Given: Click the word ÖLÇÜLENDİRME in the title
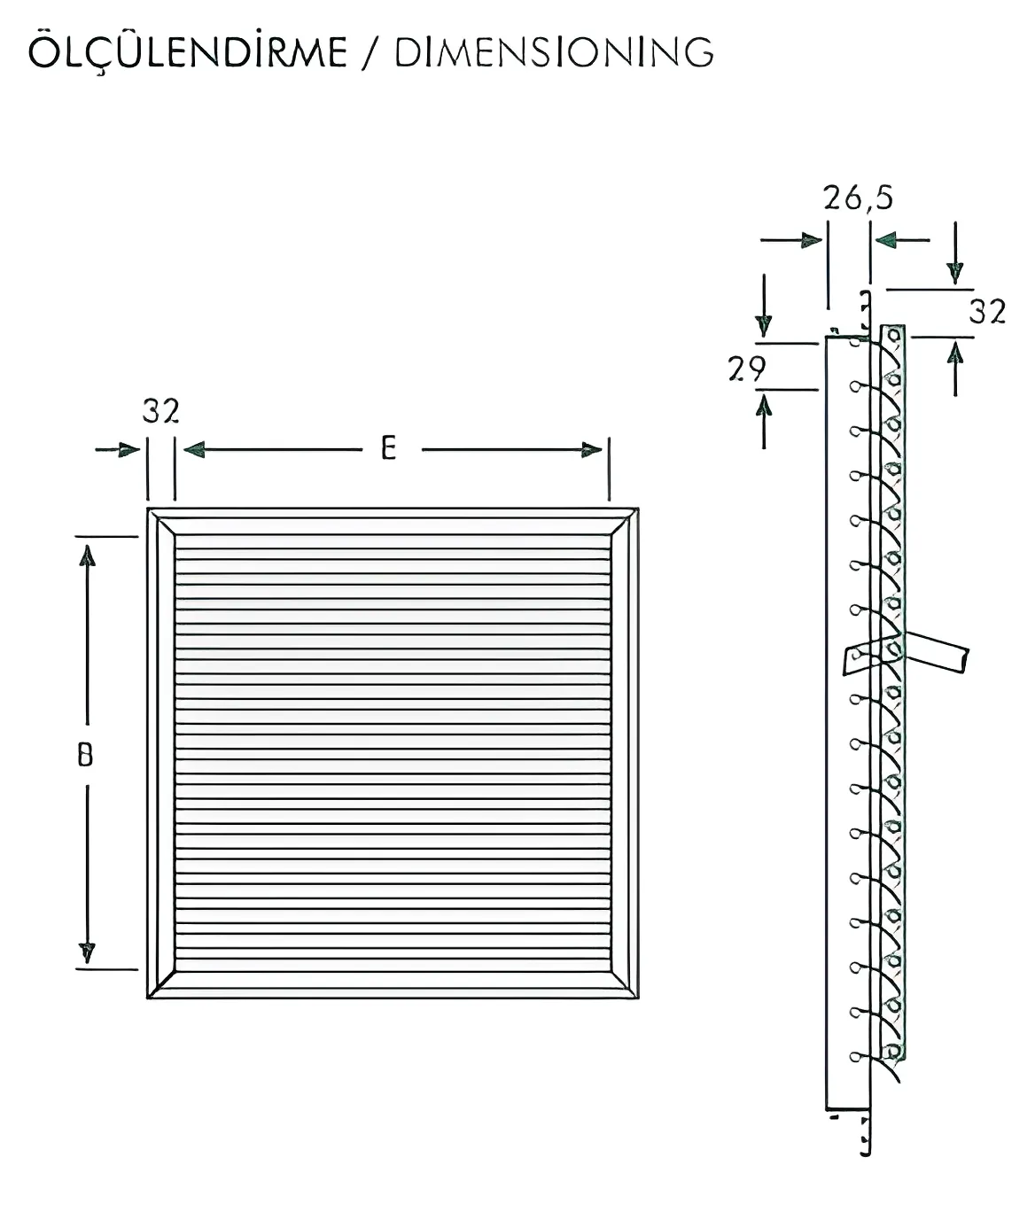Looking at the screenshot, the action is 188,51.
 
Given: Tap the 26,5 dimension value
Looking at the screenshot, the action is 858,198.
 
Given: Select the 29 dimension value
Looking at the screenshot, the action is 746,369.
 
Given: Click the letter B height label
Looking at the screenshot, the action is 85,755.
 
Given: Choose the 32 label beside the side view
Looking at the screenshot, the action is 987,311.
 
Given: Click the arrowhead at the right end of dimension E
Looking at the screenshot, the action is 591,450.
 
